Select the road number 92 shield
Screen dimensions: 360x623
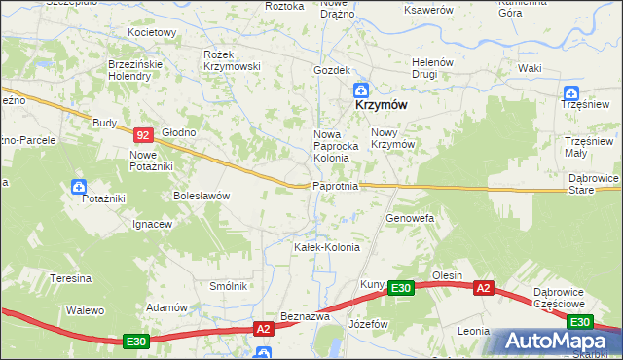[143, 137]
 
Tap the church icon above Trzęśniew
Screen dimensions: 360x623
[571, 94]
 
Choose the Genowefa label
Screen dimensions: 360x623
[410, 219]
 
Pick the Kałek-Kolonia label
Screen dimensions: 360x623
[327, 247]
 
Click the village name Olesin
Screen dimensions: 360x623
[448, 275]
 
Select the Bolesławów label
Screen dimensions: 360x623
[202, 196]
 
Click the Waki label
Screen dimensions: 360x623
[530, 68]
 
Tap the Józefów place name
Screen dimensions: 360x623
[369, 323]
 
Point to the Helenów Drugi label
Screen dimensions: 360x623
[432, 68]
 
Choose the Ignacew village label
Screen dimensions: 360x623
[153, 224]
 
